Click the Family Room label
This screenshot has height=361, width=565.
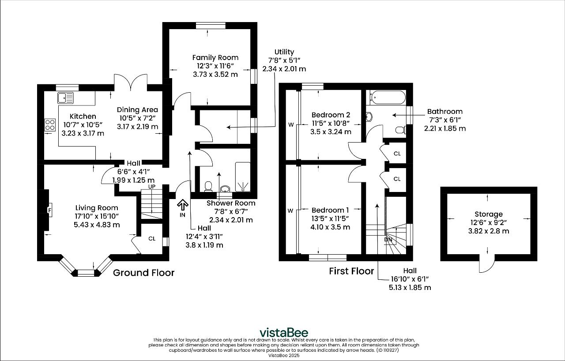point(215,57)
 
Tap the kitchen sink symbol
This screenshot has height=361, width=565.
point(66,97)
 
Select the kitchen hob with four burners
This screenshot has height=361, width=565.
point(50,125)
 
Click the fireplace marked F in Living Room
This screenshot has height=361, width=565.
point(49,210)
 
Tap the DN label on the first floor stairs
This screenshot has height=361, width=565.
point(388,240)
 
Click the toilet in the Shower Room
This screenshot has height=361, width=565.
point(208,187)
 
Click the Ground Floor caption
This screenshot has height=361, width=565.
point(143,273)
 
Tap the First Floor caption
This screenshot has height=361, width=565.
point(351,271)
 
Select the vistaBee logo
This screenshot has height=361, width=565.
point(283,332)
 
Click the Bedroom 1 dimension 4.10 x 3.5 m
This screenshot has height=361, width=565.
point(331,227)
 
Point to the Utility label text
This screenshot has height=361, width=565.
point(284,52)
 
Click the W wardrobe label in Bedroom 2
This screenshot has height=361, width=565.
point(290,125)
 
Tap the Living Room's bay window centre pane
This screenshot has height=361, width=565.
point(86,273)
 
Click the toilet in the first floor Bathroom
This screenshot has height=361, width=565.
point(400,130)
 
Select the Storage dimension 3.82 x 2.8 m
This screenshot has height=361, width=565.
point(488,231)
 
